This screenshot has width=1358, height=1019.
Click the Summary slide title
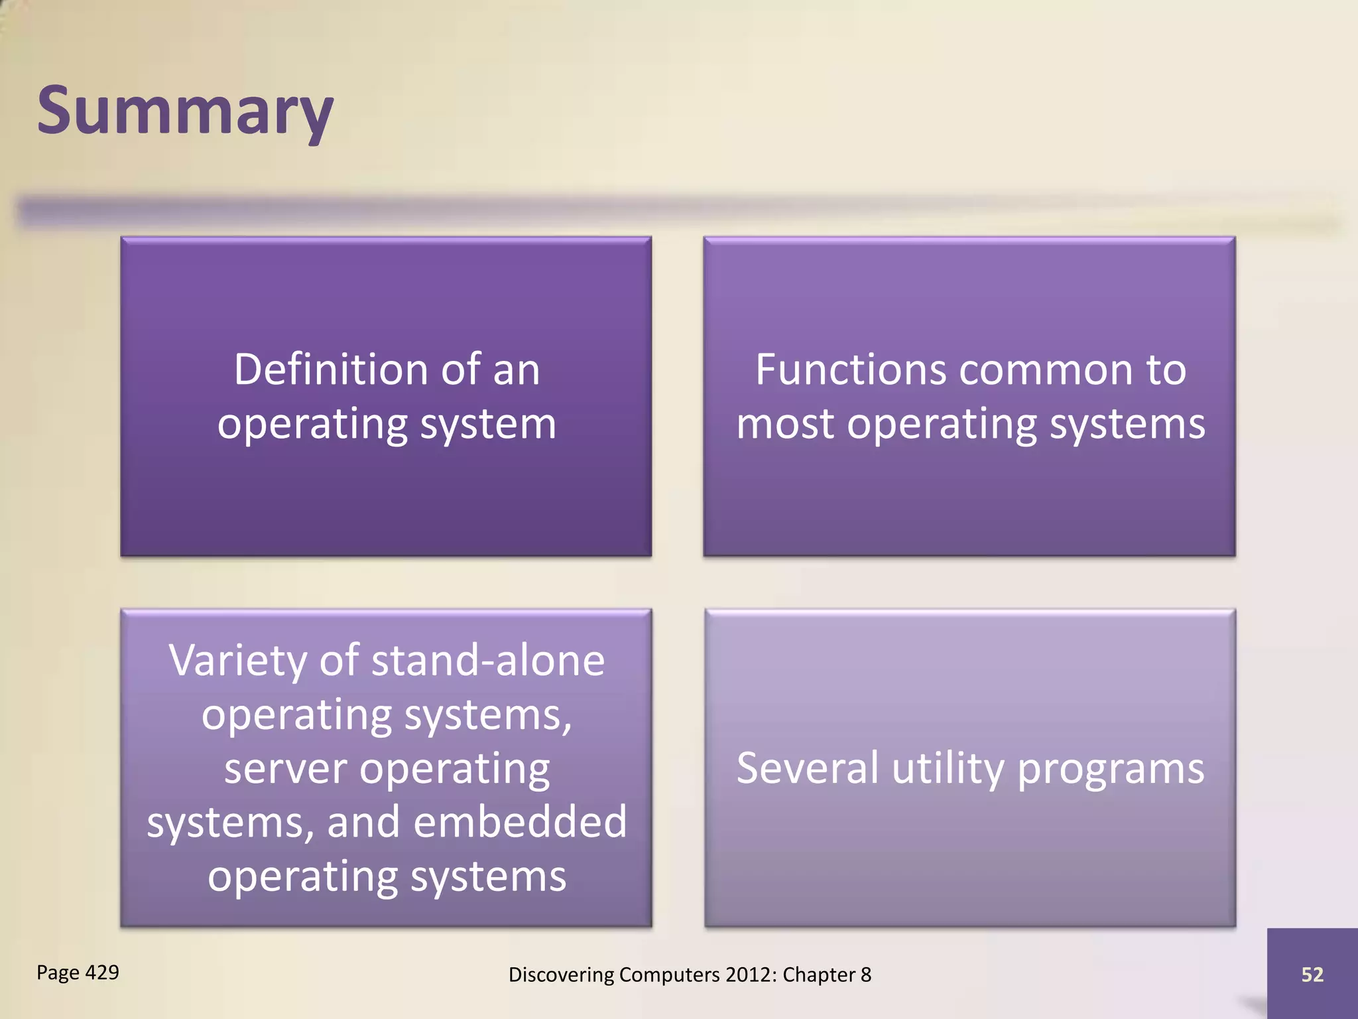pyautogui.click(x=185, y=111)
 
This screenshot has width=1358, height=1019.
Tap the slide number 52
pyautogui.click(x=1312, y=975)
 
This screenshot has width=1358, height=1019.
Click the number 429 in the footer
pyautogui.click(x=102, y=972)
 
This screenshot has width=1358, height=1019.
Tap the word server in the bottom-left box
pyautogui.click(x=285, y=769)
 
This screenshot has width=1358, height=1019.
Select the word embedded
pyautogui.click(x=520, y=823)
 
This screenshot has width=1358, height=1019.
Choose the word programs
pyautogui.click(x=1111, y=770)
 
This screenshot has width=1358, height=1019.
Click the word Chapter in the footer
pyautogui.click(x=819, y=975)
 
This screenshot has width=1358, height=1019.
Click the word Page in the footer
pyautogui.click(x=58, y=973)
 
